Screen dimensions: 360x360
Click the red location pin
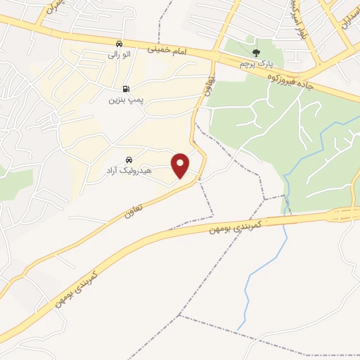(x=181, y=165)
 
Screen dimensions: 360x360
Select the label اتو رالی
(x=119, y=53)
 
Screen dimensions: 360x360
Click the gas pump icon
(x=126, y=89)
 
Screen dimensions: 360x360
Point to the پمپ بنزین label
(x=125, y=100)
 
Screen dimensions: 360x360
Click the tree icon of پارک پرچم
(x=256, y=52)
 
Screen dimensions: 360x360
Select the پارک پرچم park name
(x=254, y=63)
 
